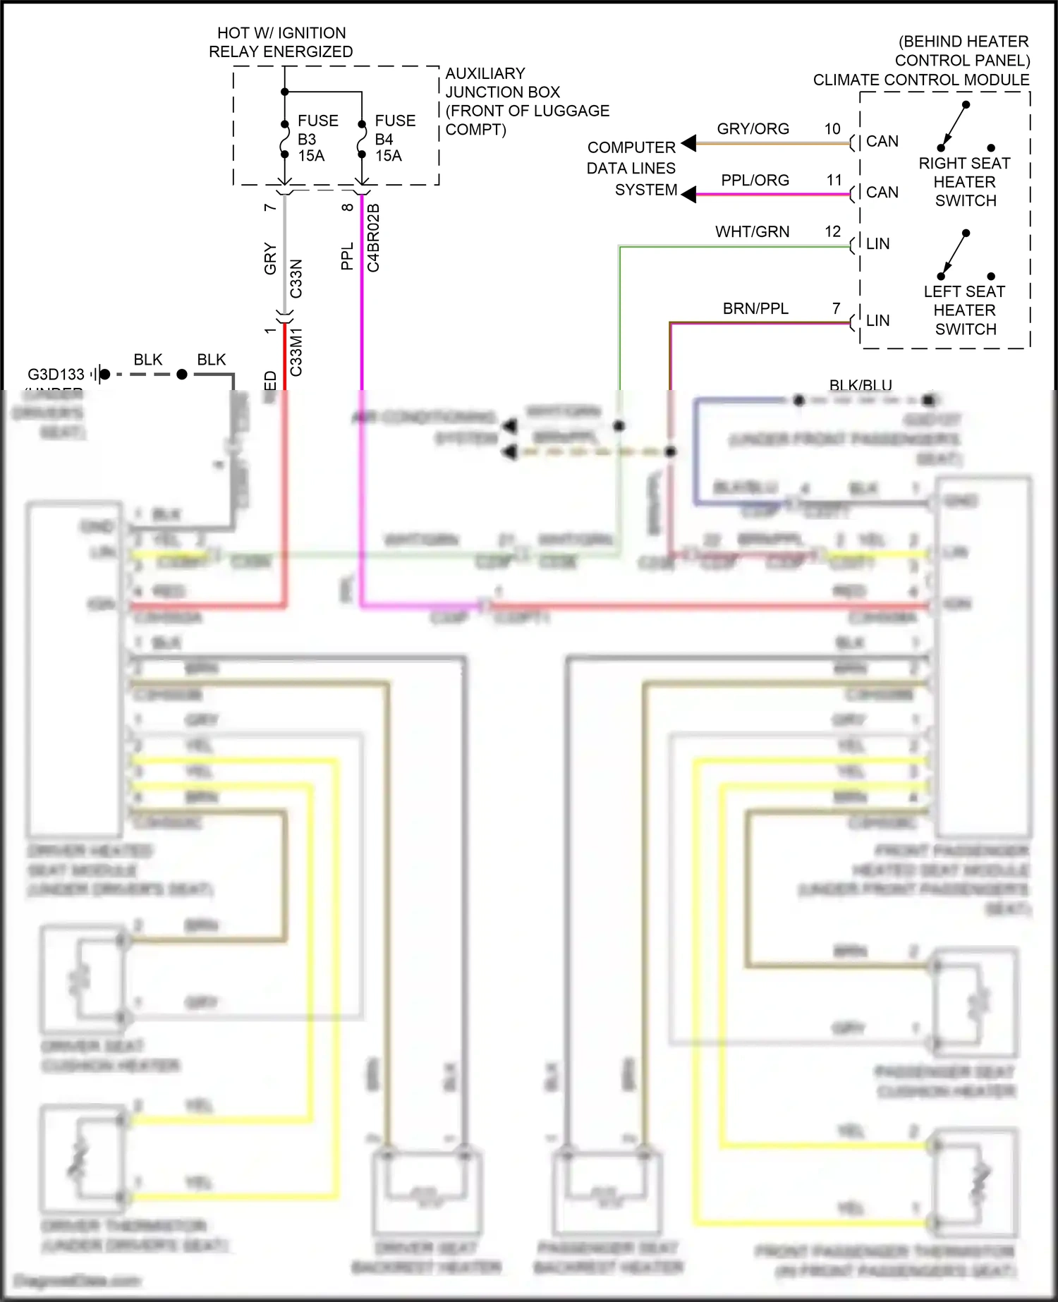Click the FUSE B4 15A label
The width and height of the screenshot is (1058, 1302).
394,138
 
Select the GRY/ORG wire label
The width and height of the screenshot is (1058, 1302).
753,129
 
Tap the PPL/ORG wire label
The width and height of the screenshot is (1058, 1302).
754,181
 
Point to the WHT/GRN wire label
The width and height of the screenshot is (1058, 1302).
752,232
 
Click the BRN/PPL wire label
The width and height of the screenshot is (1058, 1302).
755,309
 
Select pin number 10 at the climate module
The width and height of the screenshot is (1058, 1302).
832,129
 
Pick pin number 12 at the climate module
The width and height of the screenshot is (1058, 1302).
832,232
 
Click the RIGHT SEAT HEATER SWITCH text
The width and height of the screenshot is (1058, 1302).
964,182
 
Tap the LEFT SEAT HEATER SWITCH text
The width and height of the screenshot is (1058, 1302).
964,310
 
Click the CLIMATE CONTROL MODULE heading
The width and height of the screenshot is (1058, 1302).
920,80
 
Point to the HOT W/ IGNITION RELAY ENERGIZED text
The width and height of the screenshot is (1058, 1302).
281,42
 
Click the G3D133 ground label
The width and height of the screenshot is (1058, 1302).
56,375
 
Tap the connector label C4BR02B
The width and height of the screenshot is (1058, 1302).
374,238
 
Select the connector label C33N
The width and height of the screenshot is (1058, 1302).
296,279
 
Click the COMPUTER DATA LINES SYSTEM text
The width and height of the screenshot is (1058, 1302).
631,169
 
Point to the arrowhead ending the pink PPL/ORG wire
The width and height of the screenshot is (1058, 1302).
688,195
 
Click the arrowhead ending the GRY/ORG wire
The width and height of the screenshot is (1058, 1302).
688,143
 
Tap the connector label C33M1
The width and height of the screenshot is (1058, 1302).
296,351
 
